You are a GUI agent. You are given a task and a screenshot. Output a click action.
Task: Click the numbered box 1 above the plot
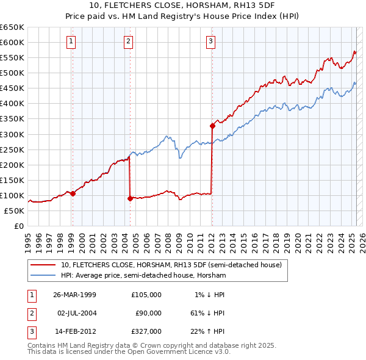pyautogui.click(x=71, y=41)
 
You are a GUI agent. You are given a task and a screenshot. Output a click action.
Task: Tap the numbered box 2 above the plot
pyautogui.click(x=129, y=41)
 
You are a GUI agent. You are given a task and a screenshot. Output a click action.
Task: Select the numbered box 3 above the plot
pyautogui.click(x=210, y=41)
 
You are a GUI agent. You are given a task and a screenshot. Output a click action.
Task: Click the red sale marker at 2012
pyautogui.click(x=212, y=126)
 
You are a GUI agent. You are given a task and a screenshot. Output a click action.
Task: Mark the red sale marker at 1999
pyautogui.click(x=73, y=193)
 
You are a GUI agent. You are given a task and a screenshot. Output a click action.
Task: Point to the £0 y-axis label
pyautogui.click(x=18, y=226)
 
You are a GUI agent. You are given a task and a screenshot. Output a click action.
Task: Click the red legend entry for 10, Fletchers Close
pyautogui.click(x=171, y=265)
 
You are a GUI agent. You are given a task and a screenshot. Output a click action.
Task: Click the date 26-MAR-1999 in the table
pyautogui.click(x=75, y=295)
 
